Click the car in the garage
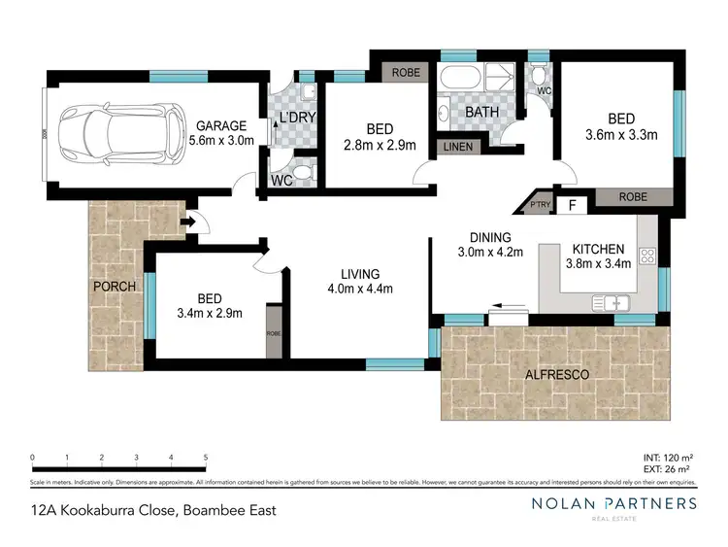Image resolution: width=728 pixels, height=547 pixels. (121, 133)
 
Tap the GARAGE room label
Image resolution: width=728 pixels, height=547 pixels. (222, 125)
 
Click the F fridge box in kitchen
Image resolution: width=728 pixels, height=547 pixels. (573, 205)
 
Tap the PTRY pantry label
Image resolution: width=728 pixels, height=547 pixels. (537, 205)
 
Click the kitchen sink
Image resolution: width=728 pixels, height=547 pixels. (617, 305)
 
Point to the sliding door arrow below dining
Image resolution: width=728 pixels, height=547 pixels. (496, 303)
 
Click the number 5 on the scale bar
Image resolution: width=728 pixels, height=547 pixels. (206, 456)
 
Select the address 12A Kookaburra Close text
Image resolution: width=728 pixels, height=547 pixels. (107, 509)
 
